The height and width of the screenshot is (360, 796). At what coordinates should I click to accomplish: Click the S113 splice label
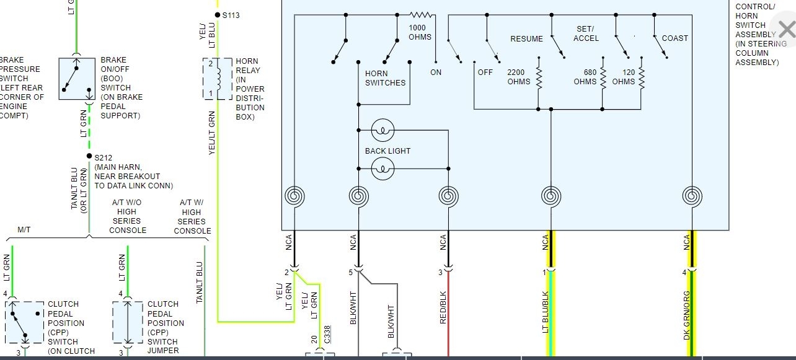pos(231,15)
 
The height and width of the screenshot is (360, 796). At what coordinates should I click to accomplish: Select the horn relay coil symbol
pos(218,78)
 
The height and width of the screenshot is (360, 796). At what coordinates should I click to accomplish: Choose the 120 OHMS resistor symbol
pos(642,77)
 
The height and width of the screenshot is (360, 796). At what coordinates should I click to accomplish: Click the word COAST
pos(674,38)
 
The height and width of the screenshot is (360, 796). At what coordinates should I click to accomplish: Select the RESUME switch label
pos(526,38)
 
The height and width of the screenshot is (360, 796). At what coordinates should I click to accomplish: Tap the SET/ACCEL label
pos(586,33)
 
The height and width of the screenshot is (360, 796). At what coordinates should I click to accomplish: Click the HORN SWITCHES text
pos(385,78)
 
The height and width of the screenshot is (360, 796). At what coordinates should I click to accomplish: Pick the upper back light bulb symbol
pos(383,131)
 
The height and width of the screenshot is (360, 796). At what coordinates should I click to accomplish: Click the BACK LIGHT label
pos(387,151)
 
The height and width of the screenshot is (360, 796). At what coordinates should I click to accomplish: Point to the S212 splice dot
pos(89,156)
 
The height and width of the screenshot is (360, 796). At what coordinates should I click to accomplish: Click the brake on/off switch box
pos(77,79)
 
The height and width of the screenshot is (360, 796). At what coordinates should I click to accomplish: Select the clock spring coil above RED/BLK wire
pos(448,196)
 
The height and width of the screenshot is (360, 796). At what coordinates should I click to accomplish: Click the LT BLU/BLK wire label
pos(546,312)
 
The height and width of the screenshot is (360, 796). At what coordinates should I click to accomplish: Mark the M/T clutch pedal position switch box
pos(25,322)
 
